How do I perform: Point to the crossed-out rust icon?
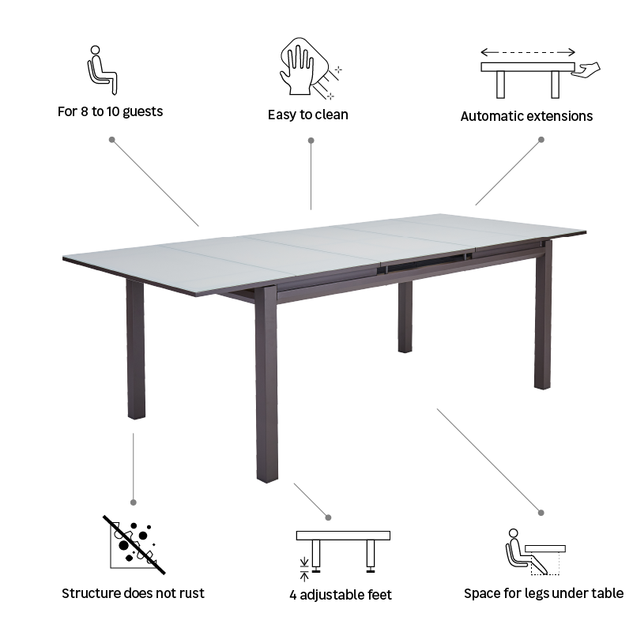[x=134, y=545]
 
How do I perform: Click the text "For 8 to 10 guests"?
[x=110, y=111]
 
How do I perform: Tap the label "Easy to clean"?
[x=307, y=115]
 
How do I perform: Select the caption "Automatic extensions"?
[x=526, y=116]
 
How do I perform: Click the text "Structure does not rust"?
[x=133, y=593]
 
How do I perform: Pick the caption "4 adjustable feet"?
[x=341, y=595]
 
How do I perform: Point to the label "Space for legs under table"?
[x=544, y=593]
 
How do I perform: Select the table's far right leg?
[x=543, y=316]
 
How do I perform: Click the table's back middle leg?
[x=405, y=316]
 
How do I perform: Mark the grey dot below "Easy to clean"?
[x=311, y=141]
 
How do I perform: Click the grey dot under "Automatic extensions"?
[x=541, y=140]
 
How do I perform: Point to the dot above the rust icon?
[x=133, y=502]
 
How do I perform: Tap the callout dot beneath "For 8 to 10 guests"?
[x=111, y=140]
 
